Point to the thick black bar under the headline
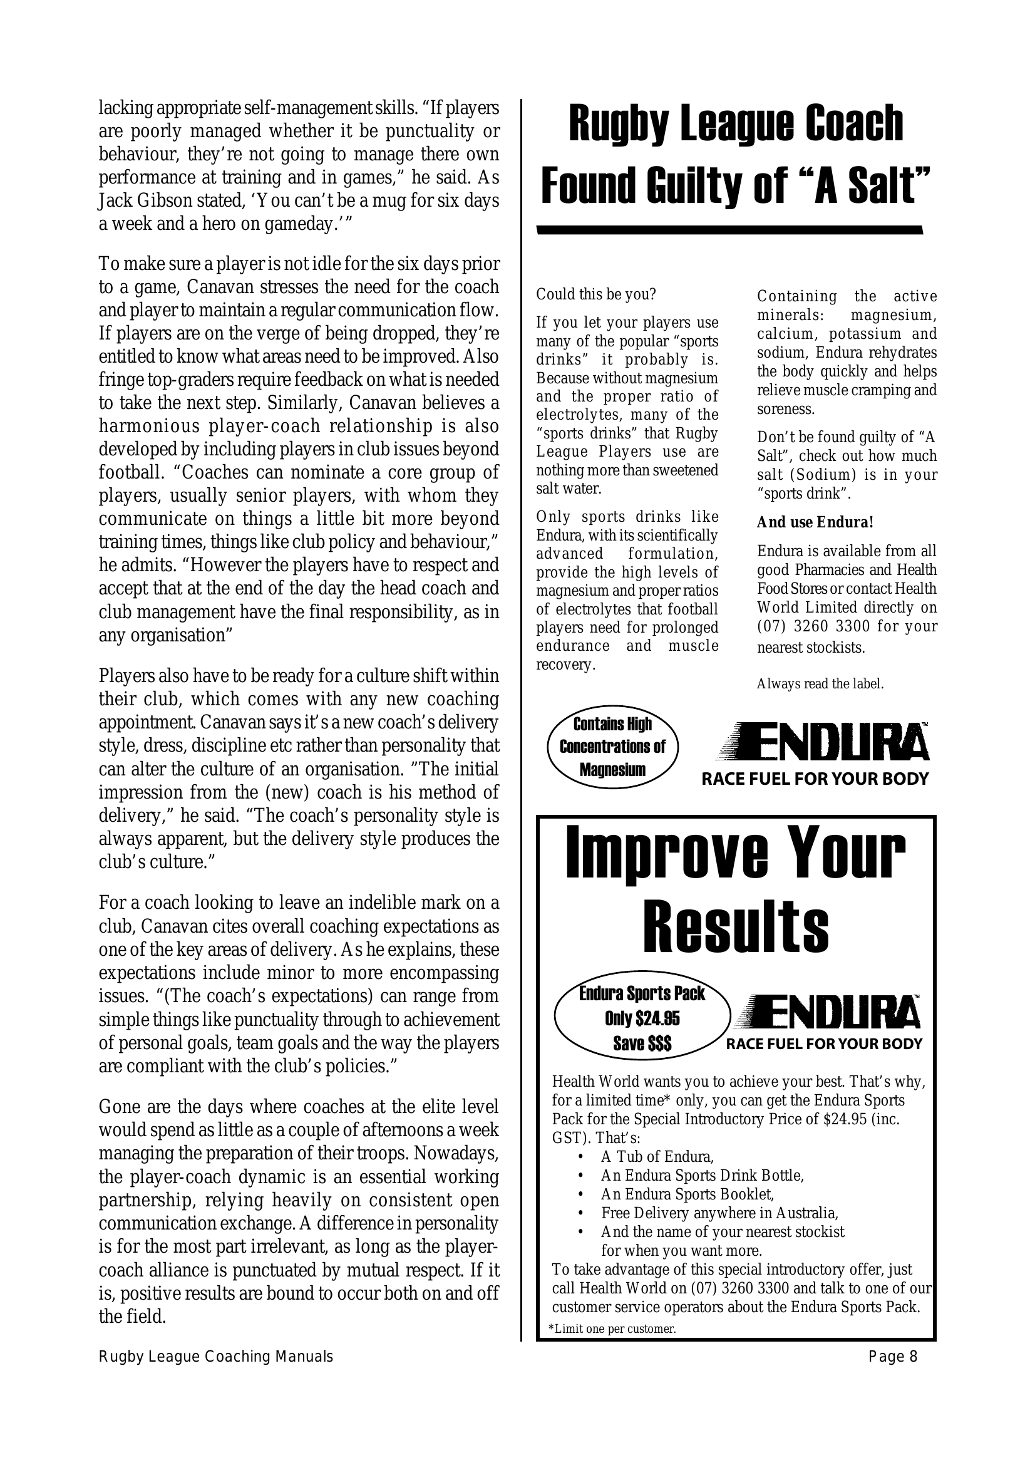click(x=729, y=230)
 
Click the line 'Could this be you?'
click(x=595, y=295)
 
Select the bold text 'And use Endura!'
click(x=815, y=522)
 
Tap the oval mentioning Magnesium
click(x=612, y=747)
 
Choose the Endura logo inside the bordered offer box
click(x=827, y=1022)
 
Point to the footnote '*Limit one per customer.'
click(x=612, y=1329)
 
